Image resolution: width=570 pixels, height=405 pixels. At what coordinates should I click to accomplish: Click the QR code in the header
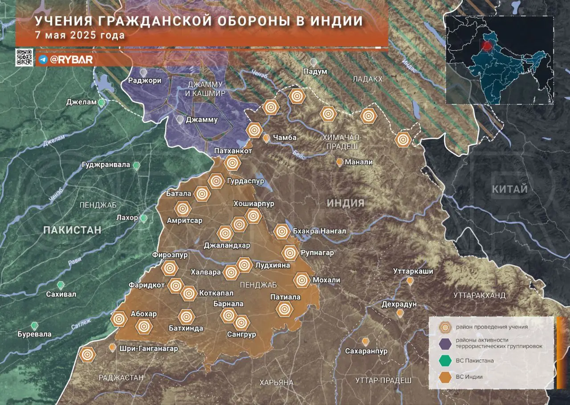click(x=24, y=57)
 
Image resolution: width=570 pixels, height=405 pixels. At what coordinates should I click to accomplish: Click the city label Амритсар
click(x=184, y=220)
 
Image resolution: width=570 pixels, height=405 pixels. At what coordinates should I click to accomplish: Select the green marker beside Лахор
click(x=144, y=218)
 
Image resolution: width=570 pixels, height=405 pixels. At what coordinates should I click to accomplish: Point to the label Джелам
click(x=81, y=102)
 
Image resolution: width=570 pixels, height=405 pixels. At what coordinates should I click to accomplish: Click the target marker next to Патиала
click(x=284, y=308)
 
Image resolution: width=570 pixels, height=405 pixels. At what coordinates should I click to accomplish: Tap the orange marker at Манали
click(x=340, y=162)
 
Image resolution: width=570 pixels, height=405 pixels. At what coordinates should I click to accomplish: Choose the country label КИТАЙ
click(x=510, y=189)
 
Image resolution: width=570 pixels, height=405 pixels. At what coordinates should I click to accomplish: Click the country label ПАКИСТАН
click(x=72, y=230)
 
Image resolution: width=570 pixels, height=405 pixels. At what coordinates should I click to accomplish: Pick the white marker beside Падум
click(x=314, y=62)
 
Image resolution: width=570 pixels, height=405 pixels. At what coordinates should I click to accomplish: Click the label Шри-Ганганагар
click(x=149, y=348)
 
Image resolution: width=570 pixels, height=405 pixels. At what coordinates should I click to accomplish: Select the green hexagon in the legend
click(x=444, y=360)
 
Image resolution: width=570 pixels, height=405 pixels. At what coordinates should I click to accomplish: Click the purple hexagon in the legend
click(x=444, y=344)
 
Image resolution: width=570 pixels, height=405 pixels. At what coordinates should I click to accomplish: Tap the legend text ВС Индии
click(x=469, y=377)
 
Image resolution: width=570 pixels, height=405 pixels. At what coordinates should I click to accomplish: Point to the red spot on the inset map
click(x=486, y=45)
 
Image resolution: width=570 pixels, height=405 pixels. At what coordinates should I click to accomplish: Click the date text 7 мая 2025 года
click(x=81, y=35)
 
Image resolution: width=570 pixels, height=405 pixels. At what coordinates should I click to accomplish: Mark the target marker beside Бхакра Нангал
click(x=282, y=231)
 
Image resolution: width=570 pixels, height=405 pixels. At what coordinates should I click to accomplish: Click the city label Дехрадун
click(x=399, y=304)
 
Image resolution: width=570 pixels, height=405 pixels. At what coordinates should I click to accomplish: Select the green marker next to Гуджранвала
click(x=137, y=165)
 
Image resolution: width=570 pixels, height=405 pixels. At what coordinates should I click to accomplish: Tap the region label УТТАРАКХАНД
click(x=479, y=296)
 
